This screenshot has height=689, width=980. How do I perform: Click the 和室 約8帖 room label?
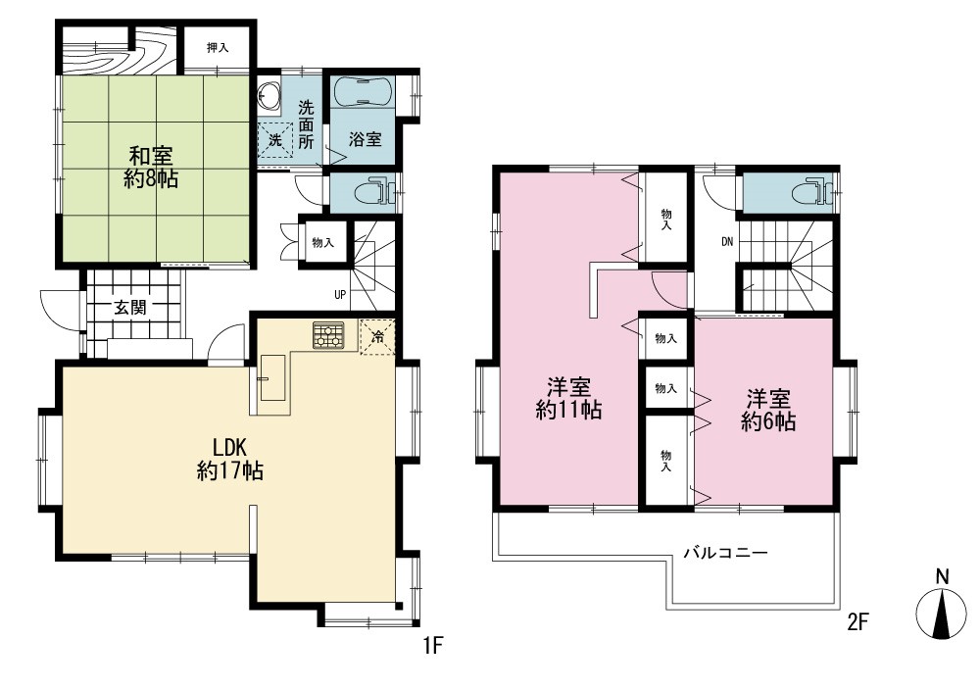tap(151, 167)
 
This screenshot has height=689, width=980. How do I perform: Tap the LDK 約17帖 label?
tap(230, 459)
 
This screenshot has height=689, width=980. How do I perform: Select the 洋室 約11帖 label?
tap(568, 398)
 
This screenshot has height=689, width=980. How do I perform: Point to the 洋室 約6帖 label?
tap(768, 410)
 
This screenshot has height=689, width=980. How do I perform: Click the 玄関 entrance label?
tap(130, 307)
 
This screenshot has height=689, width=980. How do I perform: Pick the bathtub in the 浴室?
tap(363, 92)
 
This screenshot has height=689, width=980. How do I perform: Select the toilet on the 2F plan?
tap(811, 191)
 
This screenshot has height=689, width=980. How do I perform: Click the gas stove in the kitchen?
tap(328, 335)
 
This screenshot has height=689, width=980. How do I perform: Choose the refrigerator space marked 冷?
tap(377, 336)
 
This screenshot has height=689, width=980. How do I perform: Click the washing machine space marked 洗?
tap(275, 139)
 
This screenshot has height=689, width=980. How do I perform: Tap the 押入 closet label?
tap(217, 47)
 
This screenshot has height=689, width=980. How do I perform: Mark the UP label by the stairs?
tap(340, 294)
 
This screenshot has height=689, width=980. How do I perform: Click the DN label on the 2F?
tap(727, 242)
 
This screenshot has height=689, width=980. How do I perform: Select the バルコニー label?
tap(725, 553)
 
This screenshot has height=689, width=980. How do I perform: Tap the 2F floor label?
tap(858, 621)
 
